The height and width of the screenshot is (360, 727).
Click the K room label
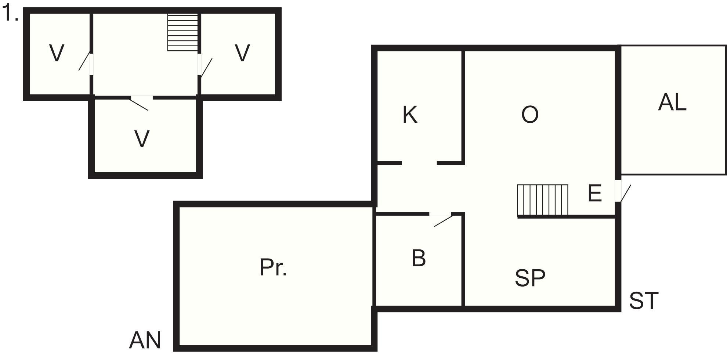click(x=410, y=115)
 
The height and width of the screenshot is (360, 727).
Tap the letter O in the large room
click(x=530, y=115)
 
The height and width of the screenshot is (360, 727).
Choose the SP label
click(x=530, y=278)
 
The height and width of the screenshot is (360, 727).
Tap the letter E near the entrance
click(x=595, y=193)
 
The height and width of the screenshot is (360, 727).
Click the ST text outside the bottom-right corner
click(x=644, y=301)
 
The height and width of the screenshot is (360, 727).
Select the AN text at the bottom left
click(x=145, y=340)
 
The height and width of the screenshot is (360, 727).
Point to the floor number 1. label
click(x=10, y=14)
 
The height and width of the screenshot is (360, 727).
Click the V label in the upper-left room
click(x=57, y=53)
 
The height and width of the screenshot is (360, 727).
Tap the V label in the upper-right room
click(x=242, y=53)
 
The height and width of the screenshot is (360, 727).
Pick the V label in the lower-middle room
click(x=142, y=139)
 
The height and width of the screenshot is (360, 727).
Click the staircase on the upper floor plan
click(x=183, y=32)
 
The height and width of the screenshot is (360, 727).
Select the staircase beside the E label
click(x=543, y=200)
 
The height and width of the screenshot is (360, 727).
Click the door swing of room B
click(x=444, y=221)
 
